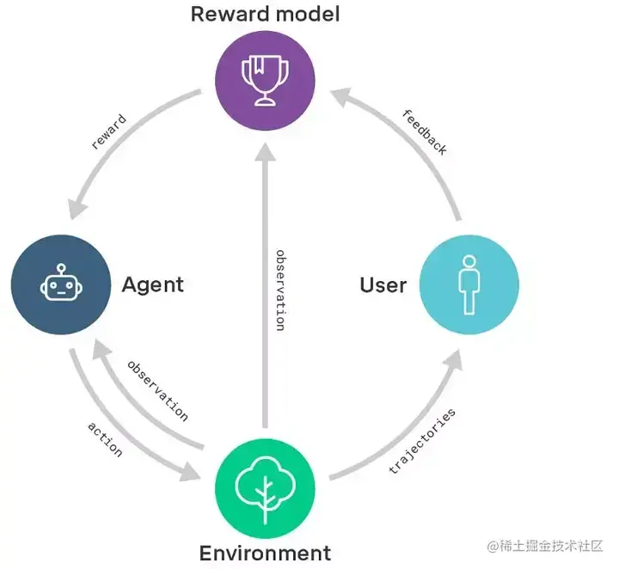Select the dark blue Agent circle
pyautogui.click(x=60, y=284)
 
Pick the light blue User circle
pyautogui.click(x=469, y=284)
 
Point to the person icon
pyautogui.click(x=469, y=284)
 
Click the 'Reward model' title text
pyautogui.click(x=265, y=14)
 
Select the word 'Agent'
pyautogui.click(x=153, y=284)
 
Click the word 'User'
pyautogui.click(x=383, y=284)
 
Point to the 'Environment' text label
pyautogui.click(x=265, y=553)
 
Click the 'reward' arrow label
pyautogui.click(x=108, y=132)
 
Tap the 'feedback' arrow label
pyautogui.click(x=425, y=132)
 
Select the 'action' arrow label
pyautogui.click(x=104, y=438)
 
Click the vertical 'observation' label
pyautogui.click(x=280, y=291)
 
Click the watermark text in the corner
pyautogui.click(x=548, y=547)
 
